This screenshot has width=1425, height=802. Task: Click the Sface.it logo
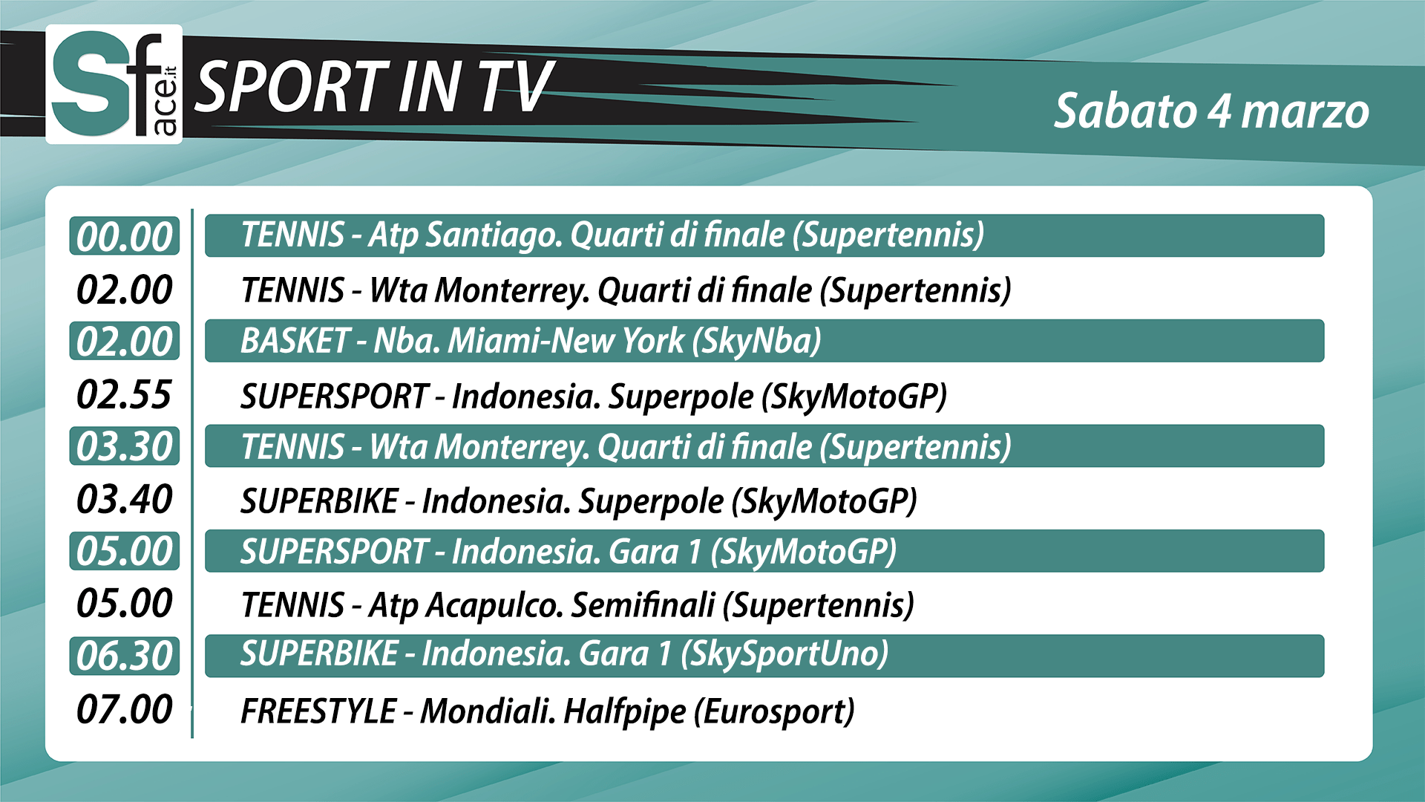[114, 84]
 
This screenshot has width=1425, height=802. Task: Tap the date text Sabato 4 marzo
[1211, 111]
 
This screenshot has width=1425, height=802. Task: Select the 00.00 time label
[125, 236]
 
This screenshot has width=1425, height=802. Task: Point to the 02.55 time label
[125, 394]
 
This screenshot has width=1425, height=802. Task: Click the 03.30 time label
[125, 446]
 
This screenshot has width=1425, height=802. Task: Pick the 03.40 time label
[125, 499]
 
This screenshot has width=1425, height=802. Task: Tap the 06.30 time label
[125, 656]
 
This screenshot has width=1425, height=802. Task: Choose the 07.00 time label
[125, 709]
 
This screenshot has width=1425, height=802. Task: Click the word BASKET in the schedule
[295, 341]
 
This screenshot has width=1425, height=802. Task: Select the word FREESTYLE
[318, 711]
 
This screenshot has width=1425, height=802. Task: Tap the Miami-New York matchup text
[566, 341]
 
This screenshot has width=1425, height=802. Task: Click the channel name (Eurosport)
[774, 712]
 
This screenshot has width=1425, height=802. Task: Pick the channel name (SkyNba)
[757, 342]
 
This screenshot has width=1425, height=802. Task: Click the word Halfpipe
[625, 712]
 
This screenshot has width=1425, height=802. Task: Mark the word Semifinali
[643, 605]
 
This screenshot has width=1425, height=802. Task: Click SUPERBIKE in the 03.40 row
[319, 501]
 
